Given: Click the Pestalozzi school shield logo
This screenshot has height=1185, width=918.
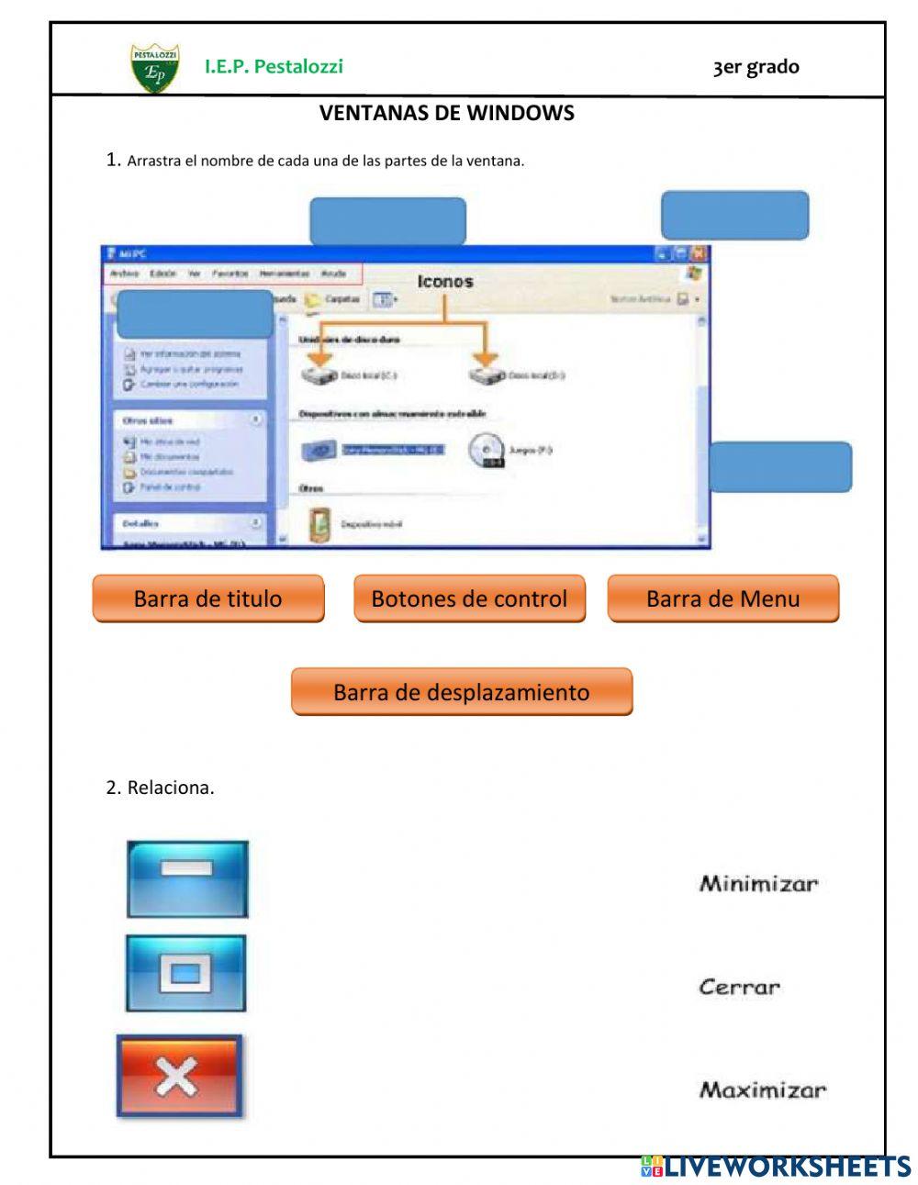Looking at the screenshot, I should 155,68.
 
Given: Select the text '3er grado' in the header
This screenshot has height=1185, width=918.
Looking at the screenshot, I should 756,67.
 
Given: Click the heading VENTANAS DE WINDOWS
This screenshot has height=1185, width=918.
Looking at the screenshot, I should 446,113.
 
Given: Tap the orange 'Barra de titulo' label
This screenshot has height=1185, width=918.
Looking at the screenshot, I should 208,598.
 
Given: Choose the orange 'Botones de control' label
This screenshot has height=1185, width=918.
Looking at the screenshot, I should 469,598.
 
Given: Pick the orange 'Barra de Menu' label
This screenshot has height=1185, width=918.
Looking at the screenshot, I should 722,598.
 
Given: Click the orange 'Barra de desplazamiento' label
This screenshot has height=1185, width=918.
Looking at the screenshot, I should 462,691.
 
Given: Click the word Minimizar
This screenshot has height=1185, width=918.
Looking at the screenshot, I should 758,884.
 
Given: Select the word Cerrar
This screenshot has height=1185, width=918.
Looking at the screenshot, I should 739,988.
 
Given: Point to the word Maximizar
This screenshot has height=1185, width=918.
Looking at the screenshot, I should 763,1090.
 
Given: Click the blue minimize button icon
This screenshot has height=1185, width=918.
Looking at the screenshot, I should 187,878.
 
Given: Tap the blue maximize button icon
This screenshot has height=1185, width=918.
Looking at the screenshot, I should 186,973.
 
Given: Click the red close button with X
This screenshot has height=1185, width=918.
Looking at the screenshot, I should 179,1076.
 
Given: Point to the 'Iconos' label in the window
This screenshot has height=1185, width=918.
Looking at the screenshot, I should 445,282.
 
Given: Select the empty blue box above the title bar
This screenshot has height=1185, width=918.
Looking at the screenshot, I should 387,220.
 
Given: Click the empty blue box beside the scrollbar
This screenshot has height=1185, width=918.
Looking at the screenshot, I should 780,466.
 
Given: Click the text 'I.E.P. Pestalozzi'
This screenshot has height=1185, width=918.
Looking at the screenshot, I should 274,66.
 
